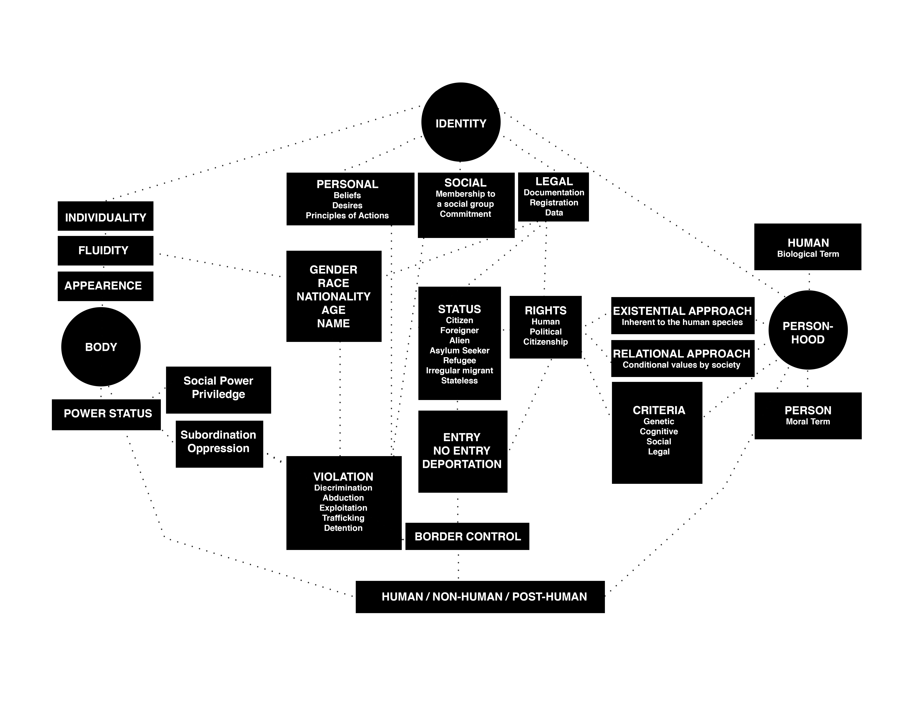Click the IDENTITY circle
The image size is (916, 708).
[461, 122]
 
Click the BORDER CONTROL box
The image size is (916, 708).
[467, 536]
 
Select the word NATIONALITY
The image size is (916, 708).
[333, 297]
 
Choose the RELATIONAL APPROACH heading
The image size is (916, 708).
[682, 354]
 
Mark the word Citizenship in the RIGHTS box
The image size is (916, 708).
[545, 342]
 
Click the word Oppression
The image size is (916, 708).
[218, 448]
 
